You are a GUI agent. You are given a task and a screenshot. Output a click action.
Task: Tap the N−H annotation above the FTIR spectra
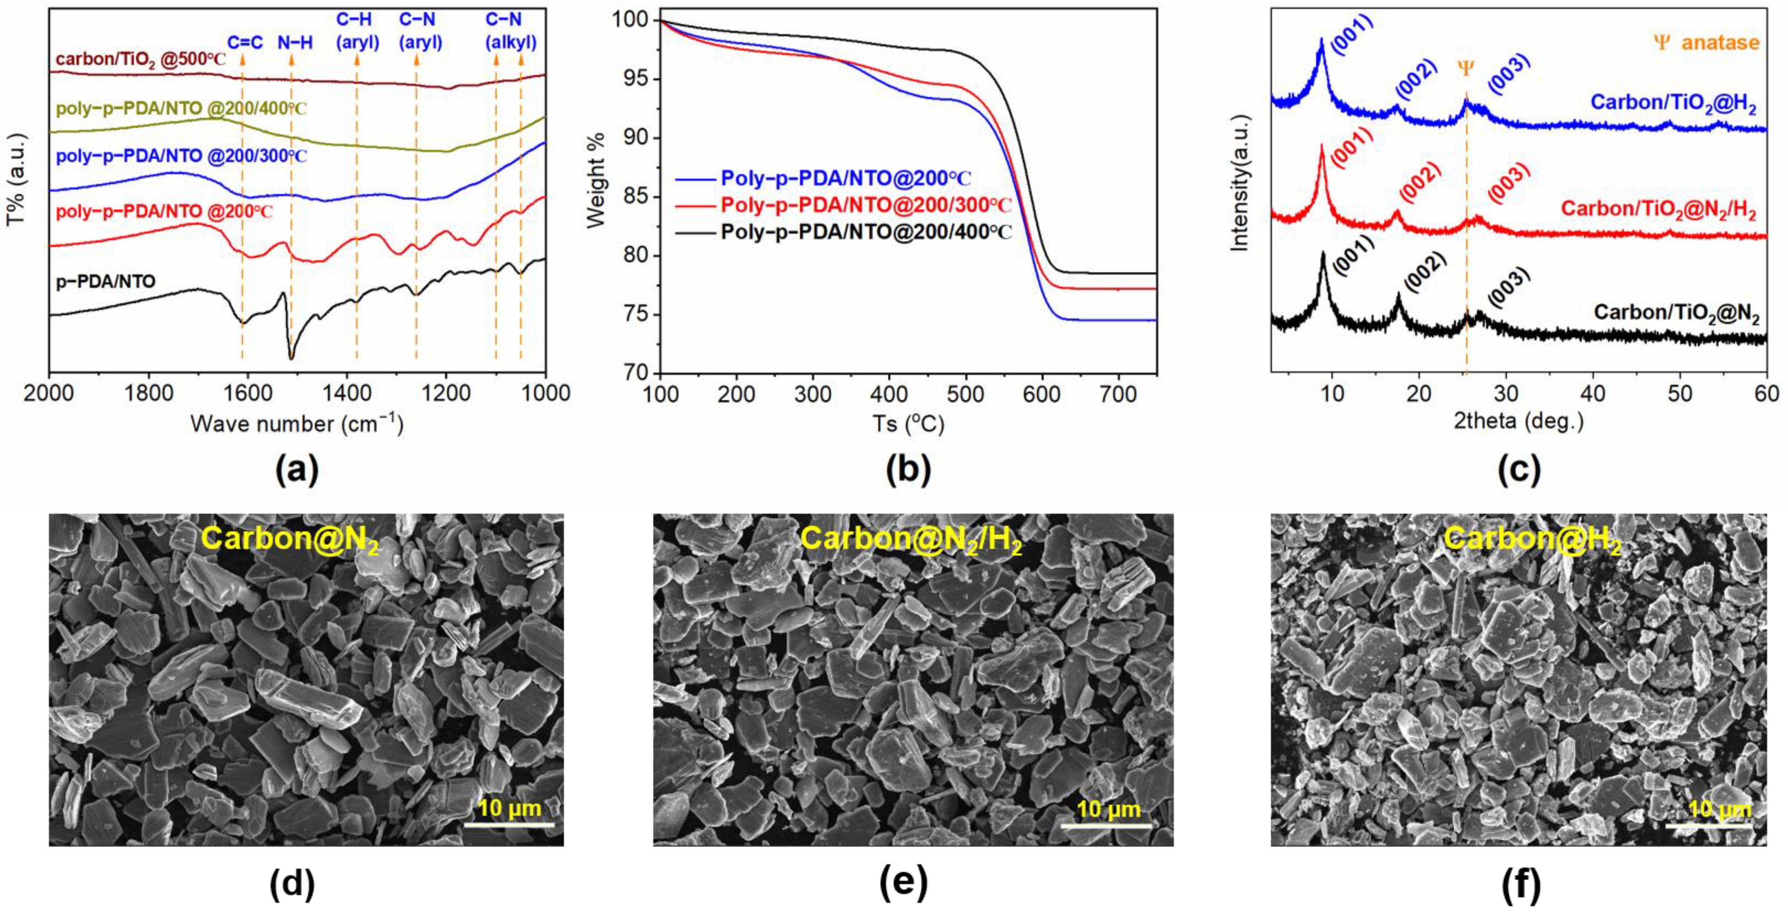295,43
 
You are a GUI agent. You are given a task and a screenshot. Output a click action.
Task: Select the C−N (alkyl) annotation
510,31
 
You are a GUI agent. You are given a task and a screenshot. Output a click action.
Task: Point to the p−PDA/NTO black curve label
105,282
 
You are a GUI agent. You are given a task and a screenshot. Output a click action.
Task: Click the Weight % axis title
596,180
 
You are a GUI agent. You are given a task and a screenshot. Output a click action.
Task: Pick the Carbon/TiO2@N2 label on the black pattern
1676,314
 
